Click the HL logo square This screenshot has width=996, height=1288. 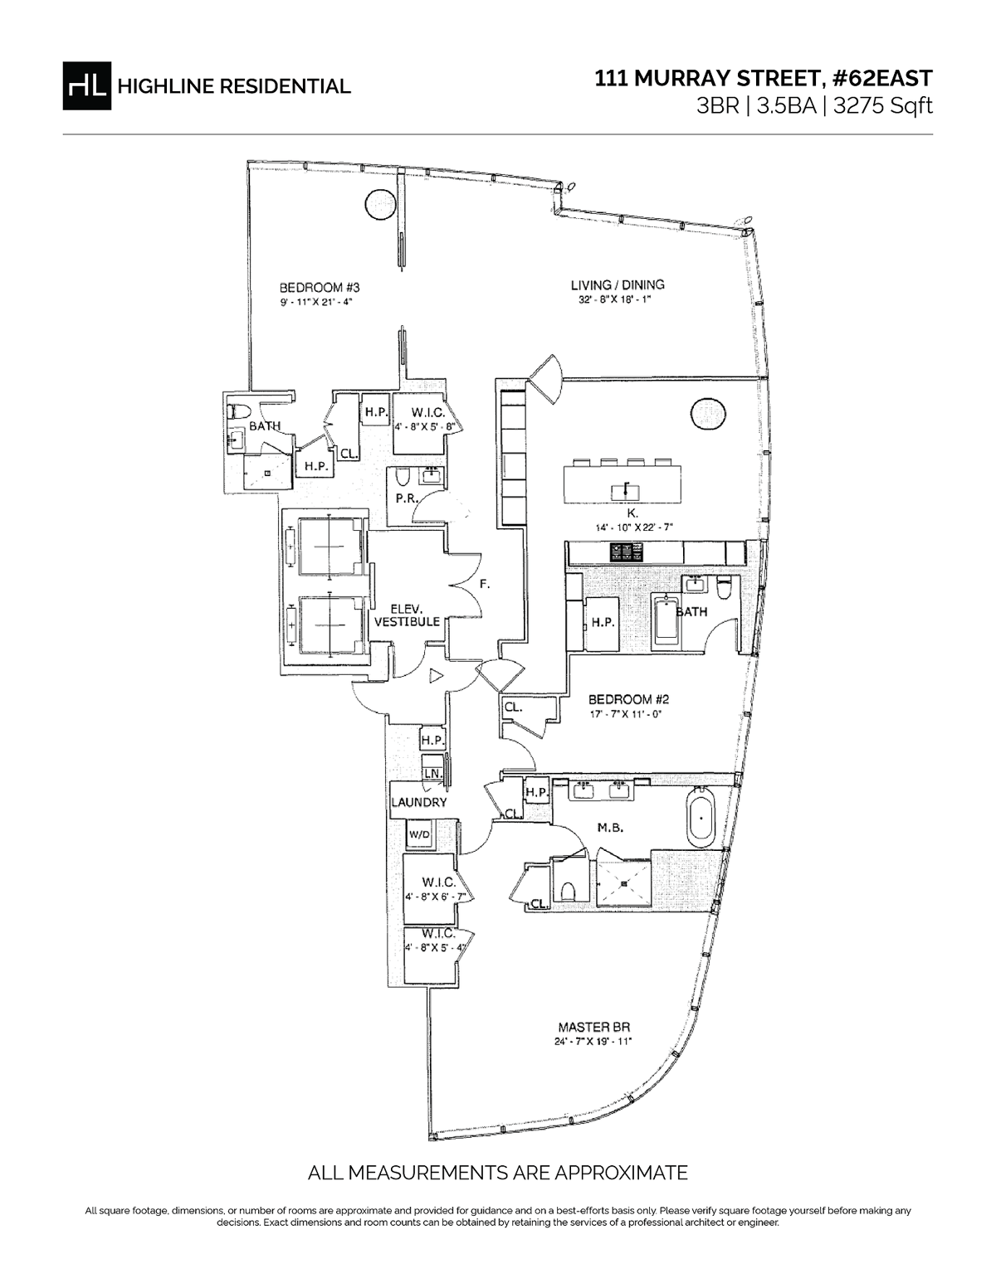coord(86,85)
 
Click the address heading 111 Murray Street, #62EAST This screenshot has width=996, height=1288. coord(764,79)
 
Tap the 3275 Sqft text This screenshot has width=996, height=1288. coord(888,107)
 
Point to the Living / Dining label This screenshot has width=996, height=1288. coord(616,285)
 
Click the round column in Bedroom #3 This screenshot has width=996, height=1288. coord(378,203)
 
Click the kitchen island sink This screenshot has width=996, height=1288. coord(625,491)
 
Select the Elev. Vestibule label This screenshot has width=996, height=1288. coord(406,615)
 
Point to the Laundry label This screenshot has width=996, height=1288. coord(419,802)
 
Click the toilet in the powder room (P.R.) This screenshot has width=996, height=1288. coord(403,479)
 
